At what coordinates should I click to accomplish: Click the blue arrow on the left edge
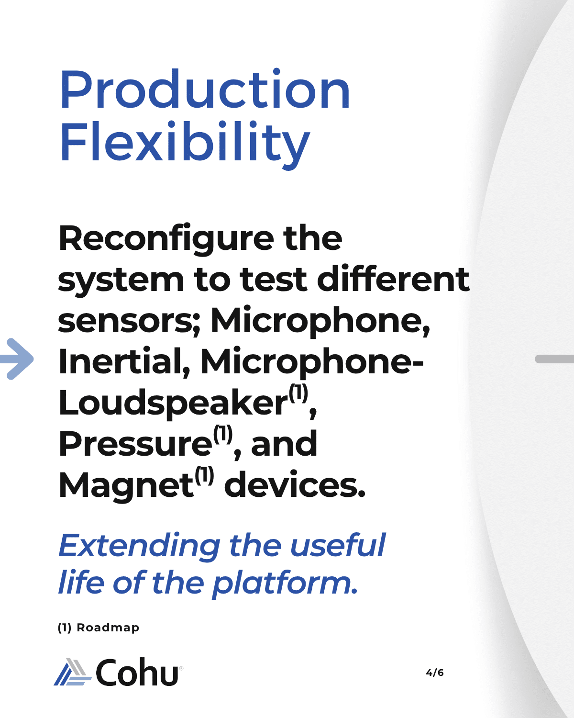click(x=17, y=359)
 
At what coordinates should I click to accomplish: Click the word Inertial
click(x=124, y=361)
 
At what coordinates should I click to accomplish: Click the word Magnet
click(x=126, y=485)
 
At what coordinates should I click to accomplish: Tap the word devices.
click(x=295, y=484)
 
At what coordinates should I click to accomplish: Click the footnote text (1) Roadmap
click(x=99, y=628)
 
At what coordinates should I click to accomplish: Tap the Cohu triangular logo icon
click(x=73, y=672)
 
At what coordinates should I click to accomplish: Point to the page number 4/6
click(x=435, y=673)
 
